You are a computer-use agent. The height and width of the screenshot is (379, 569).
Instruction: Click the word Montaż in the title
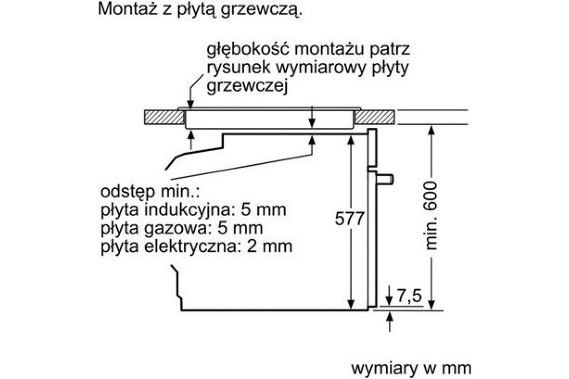(127, 9)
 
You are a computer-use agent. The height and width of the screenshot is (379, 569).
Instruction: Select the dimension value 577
(349, 218)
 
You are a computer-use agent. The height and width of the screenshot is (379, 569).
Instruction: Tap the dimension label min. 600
(431, 216)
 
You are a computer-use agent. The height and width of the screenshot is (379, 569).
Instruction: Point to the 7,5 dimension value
(409, 296)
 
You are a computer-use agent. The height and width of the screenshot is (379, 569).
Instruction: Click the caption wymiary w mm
(411, 368)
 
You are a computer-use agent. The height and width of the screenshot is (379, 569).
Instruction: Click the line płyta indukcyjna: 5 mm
(193, 210)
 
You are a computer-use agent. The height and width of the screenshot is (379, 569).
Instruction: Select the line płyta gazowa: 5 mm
(182, 228)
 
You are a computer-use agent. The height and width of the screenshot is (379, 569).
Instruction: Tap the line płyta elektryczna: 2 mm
(196, 246)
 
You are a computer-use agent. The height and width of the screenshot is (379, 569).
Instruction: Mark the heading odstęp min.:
(150, 192)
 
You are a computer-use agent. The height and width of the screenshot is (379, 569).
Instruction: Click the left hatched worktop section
(165, 117)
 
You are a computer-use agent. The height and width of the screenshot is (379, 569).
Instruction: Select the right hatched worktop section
(375, 117)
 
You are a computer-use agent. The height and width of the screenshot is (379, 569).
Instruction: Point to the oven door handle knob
(385, 179)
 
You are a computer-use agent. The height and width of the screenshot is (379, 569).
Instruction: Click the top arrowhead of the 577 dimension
(350, 140)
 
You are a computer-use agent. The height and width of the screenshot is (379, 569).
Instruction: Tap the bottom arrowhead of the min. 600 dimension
(431, 305)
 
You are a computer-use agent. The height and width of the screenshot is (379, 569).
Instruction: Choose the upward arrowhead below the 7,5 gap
(389, 317)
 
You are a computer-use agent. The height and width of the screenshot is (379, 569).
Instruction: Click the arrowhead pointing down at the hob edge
(190, 105)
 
